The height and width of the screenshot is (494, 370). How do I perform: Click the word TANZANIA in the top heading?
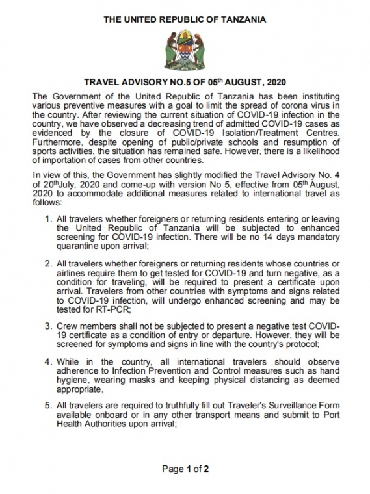coord(242,20)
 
